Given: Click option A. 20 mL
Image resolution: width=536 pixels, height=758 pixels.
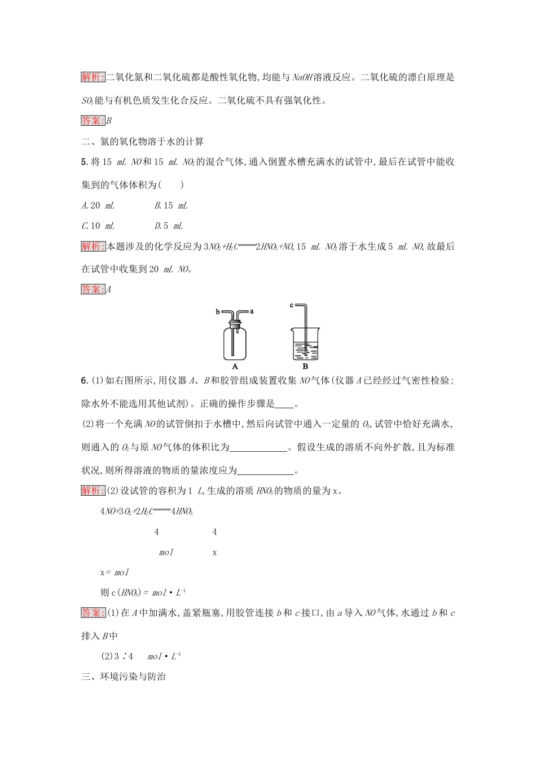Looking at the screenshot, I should [98, 206].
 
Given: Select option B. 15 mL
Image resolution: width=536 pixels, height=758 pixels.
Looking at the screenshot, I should [171, 206].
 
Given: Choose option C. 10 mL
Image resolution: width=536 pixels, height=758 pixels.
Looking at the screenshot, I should [98, 226].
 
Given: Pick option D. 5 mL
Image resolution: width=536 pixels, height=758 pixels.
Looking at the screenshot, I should [169, 226].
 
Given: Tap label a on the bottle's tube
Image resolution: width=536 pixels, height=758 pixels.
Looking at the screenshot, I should [252, 311].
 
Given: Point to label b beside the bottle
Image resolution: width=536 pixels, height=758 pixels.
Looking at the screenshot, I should [218, 311].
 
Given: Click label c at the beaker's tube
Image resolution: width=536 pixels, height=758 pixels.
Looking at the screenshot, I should [292, 305].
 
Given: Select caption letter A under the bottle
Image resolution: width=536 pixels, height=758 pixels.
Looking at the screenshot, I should [235, 366].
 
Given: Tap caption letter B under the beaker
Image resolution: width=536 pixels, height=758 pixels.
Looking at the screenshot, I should [305, 366].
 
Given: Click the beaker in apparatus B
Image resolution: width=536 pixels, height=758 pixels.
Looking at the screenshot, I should [305, 344].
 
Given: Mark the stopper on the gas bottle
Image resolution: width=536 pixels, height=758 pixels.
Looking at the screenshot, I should [235, 324].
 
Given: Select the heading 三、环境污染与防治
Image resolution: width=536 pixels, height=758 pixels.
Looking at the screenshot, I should [124, 676].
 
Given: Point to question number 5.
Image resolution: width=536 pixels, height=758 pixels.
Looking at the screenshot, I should [85, 162].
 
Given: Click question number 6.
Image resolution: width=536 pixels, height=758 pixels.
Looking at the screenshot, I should [85, 381].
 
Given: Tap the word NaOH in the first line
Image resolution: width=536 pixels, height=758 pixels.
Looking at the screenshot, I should [304, 77].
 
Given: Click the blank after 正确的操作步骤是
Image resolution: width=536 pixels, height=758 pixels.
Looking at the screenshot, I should [285, 404].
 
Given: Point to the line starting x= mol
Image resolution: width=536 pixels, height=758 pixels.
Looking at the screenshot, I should [115, 572].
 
